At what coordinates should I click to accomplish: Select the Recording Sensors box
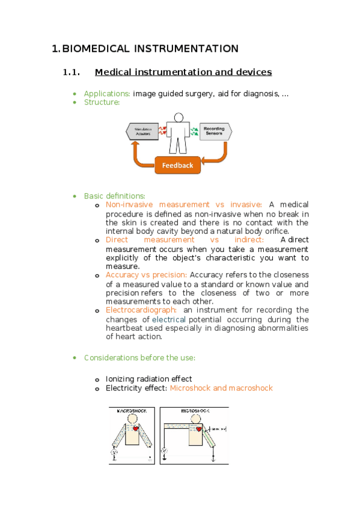click(x=215, y=131)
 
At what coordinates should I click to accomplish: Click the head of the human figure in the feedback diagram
click(x=178, y=117)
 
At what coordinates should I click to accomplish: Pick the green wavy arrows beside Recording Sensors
click(x=194, y=131)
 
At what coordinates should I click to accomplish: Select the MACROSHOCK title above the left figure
click(x=132, y=411)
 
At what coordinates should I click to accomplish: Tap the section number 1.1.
click(x=71, y=73)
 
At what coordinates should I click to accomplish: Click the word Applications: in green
click(x=107, y=93)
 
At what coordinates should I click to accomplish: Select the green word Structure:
click(x=102, y=102)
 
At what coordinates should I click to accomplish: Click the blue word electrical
click(x=169, y=319)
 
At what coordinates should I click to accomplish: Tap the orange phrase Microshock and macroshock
click(x=221, y=388)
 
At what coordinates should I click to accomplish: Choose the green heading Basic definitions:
click(x=114, y=195)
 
